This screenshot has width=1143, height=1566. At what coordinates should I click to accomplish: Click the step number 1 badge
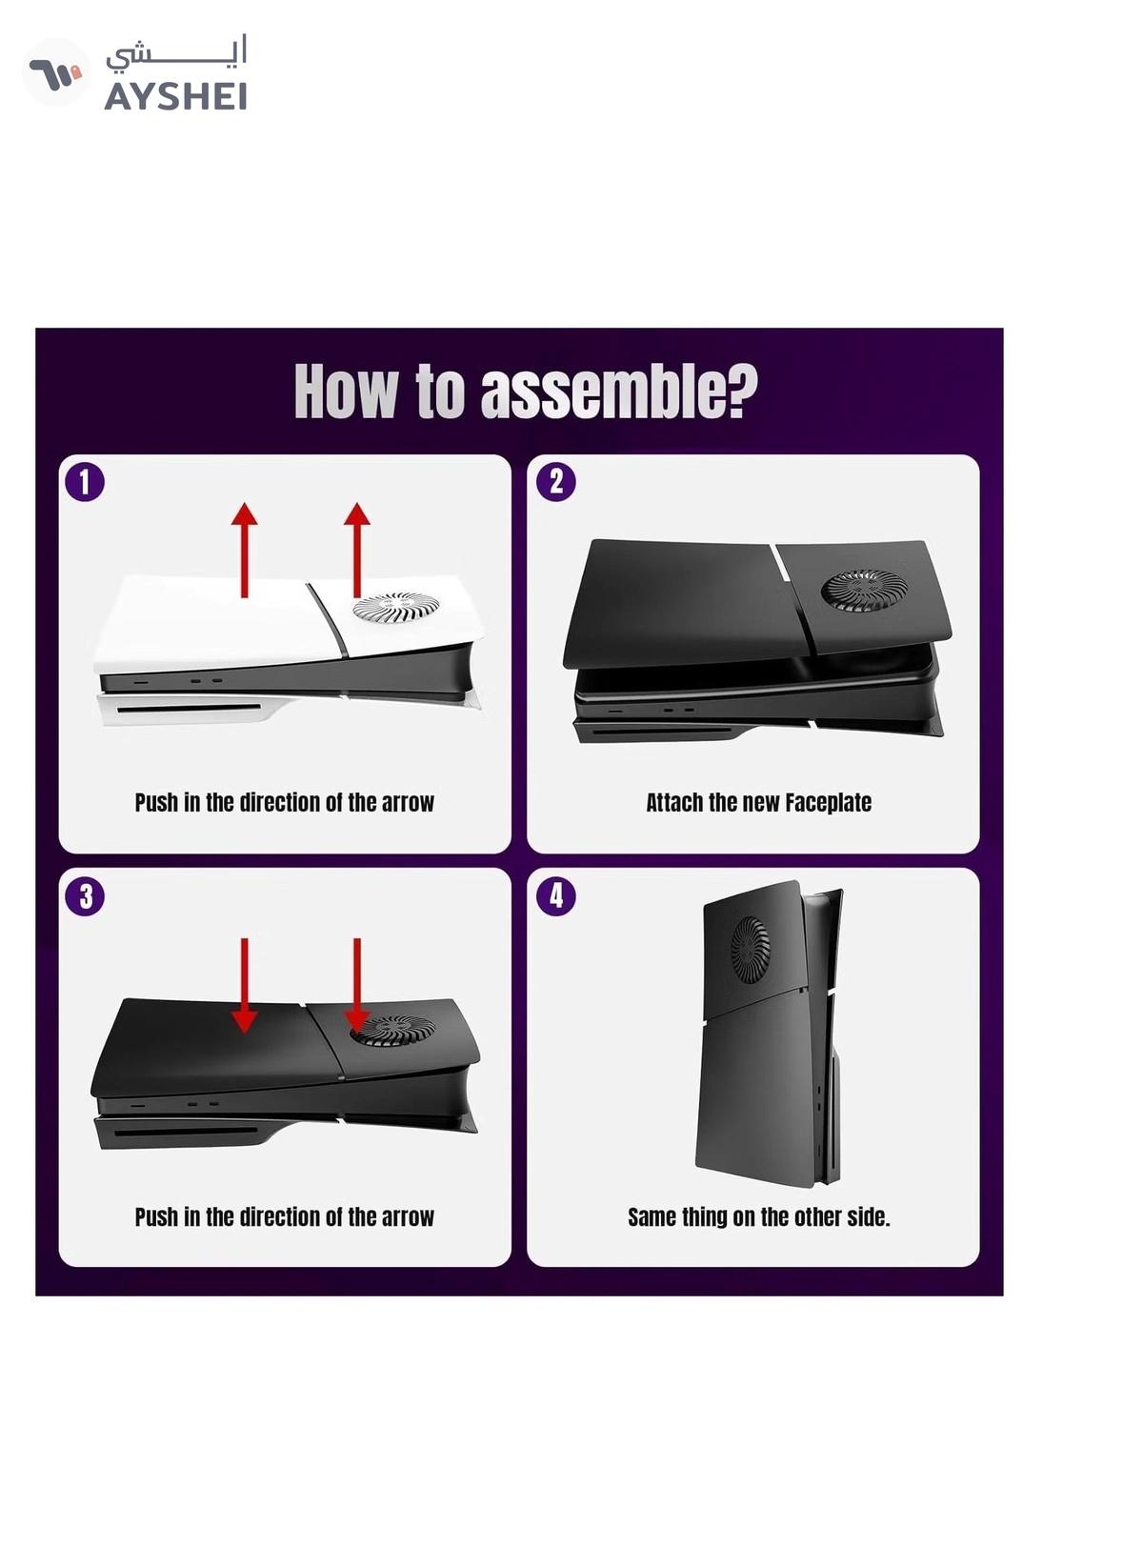tap(85, 482)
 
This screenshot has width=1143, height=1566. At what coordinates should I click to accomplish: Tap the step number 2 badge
tap(555, 482)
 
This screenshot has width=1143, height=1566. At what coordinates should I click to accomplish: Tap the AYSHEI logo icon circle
tap(56, 71)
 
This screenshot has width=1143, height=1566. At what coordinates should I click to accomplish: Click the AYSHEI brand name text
tap(175, 96)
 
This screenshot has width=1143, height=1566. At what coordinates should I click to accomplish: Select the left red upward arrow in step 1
tap(244, 550)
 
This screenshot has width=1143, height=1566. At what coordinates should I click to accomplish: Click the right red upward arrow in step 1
tap(357, 550)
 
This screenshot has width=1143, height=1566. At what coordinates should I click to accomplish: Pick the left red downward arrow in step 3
tap(244, 985)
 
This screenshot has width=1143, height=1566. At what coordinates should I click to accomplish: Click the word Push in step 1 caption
tap(156, 803)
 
